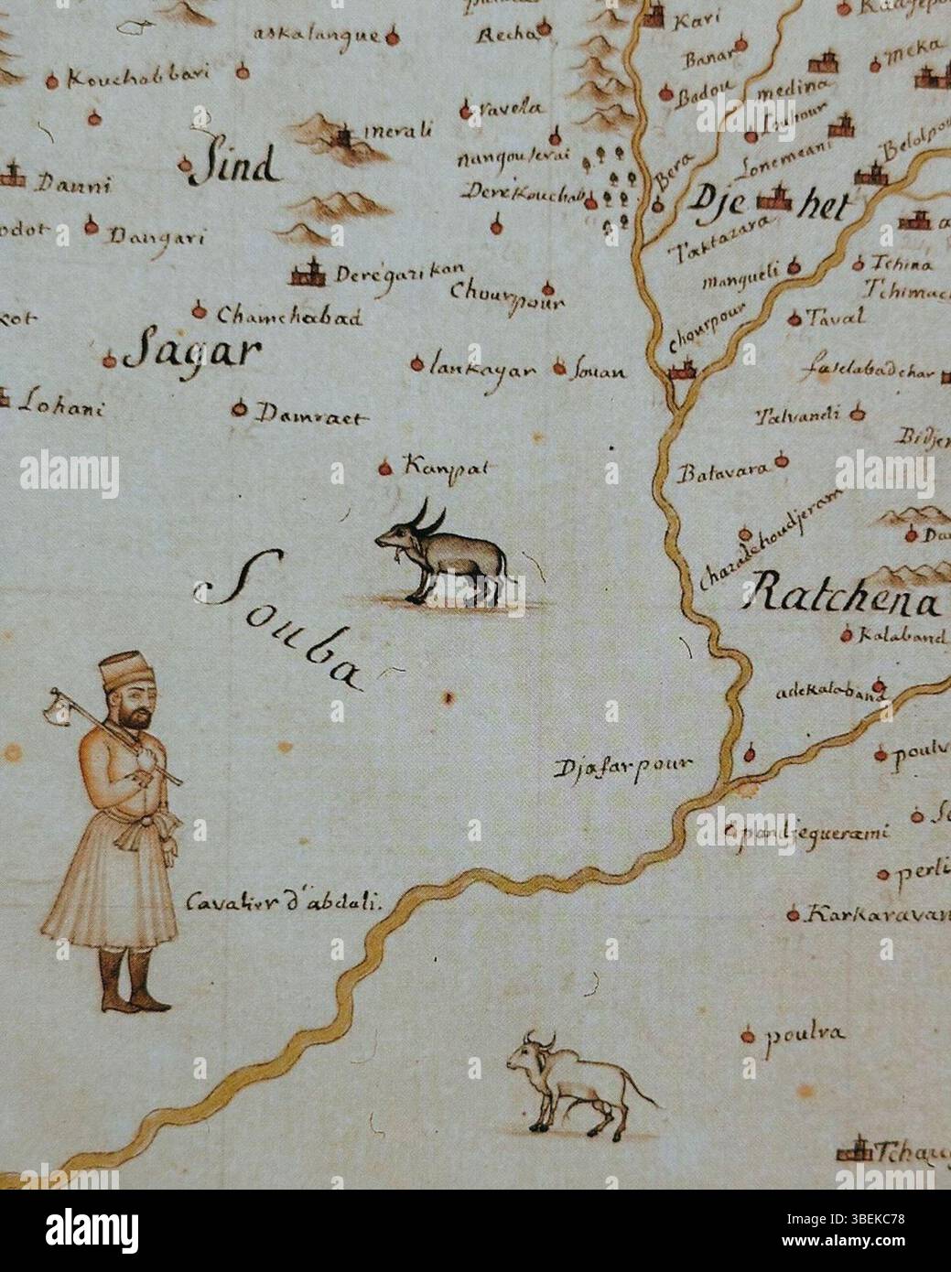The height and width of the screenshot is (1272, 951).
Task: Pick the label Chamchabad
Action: pos(290,317)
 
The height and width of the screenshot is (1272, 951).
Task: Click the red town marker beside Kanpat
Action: pos(384,469)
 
